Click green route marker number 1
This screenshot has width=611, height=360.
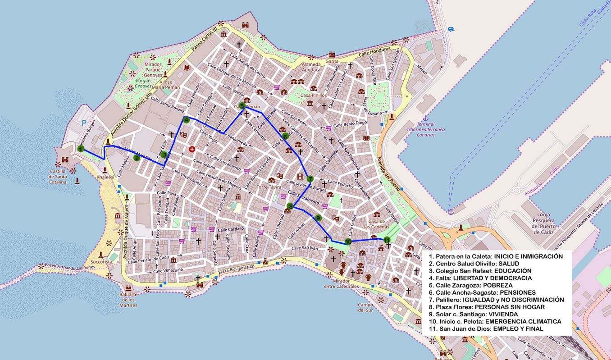[x=81, y=149]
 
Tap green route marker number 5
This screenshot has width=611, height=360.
[x=242, y=106]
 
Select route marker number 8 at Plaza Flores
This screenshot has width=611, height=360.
[x=290, y=207]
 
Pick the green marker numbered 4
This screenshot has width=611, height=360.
[x=186, y=120]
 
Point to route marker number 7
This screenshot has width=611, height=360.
[x=310, y=178]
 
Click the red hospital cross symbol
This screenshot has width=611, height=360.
[x=192, y=149]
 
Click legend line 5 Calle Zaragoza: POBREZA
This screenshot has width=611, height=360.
[x=471, y=285]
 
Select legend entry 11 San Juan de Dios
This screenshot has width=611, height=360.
[x=486, y=328]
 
